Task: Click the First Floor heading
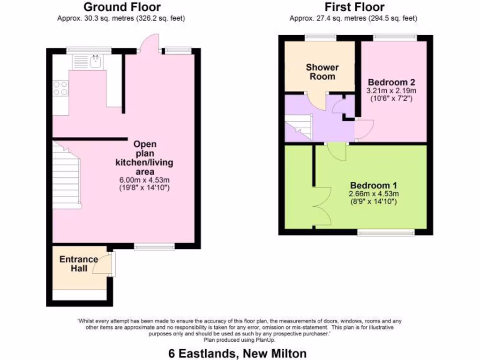pos(354,7)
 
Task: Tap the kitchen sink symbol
pos(96,61)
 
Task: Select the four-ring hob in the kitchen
pos(60,89)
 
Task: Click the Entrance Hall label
pos(78,263)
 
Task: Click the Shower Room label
pos(322,72)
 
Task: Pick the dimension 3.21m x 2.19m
pos(391,90)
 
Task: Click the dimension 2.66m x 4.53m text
pos(373,194)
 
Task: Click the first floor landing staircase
pos(299,127)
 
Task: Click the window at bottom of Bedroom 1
pos(386,232)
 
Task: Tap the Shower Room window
pos(320,37)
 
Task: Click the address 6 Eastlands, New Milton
pos(239,352)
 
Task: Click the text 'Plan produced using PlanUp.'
pos(239,340)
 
